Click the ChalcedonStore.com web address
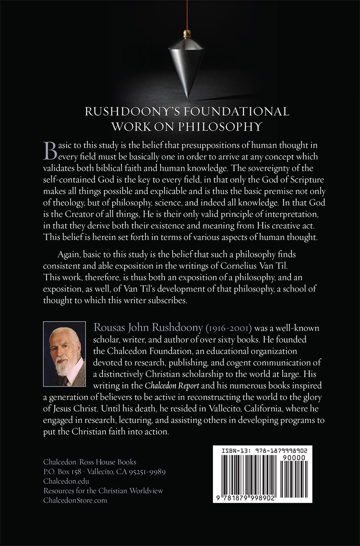[75, 500]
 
